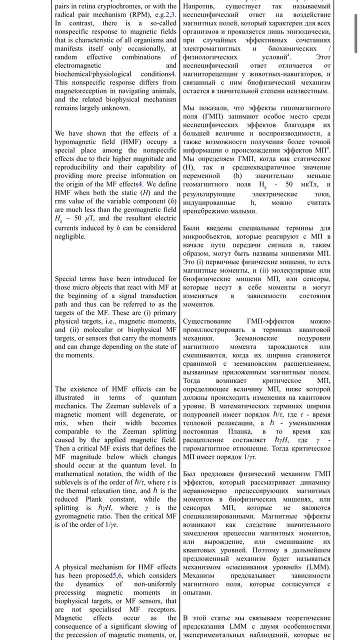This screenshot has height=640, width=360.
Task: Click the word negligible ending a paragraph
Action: coord(70,236)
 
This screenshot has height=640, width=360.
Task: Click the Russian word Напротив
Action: coord(198,6)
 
